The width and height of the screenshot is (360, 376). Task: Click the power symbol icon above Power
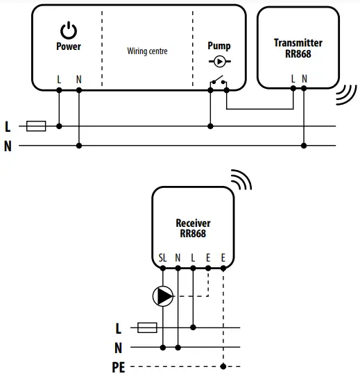69,30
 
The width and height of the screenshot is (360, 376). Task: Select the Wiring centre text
147,51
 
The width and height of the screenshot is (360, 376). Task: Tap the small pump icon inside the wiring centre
219,60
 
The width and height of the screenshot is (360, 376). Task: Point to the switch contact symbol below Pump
219,82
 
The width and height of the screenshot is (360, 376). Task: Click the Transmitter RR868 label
298,48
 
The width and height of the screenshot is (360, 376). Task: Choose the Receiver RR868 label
193,228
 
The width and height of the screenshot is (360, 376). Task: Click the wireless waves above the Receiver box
240,180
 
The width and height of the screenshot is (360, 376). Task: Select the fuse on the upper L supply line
36,126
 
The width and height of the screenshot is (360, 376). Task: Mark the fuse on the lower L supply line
148,327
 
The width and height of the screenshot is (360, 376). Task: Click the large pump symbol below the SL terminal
164,297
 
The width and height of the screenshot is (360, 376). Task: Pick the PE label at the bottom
118,368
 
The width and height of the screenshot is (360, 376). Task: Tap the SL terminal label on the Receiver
163,257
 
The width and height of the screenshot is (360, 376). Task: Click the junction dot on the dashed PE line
223,366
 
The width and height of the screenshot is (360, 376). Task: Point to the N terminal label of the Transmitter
304,79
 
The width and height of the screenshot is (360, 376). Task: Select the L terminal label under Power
59,80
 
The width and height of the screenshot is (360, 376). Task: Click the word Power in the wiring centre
69,46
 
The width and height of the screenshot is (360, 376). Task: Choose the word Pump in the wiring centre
219,46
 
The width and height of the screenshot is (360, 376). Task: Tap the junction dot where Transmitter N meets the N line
304,146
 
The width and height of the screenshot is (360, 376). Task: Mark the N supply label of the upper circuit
8,146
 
